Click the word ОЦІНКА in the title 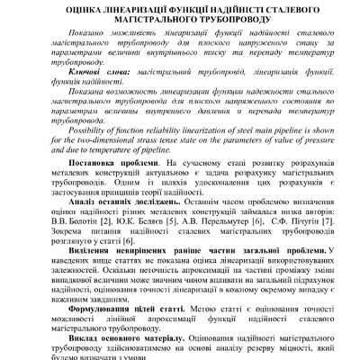click(60, 8)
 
